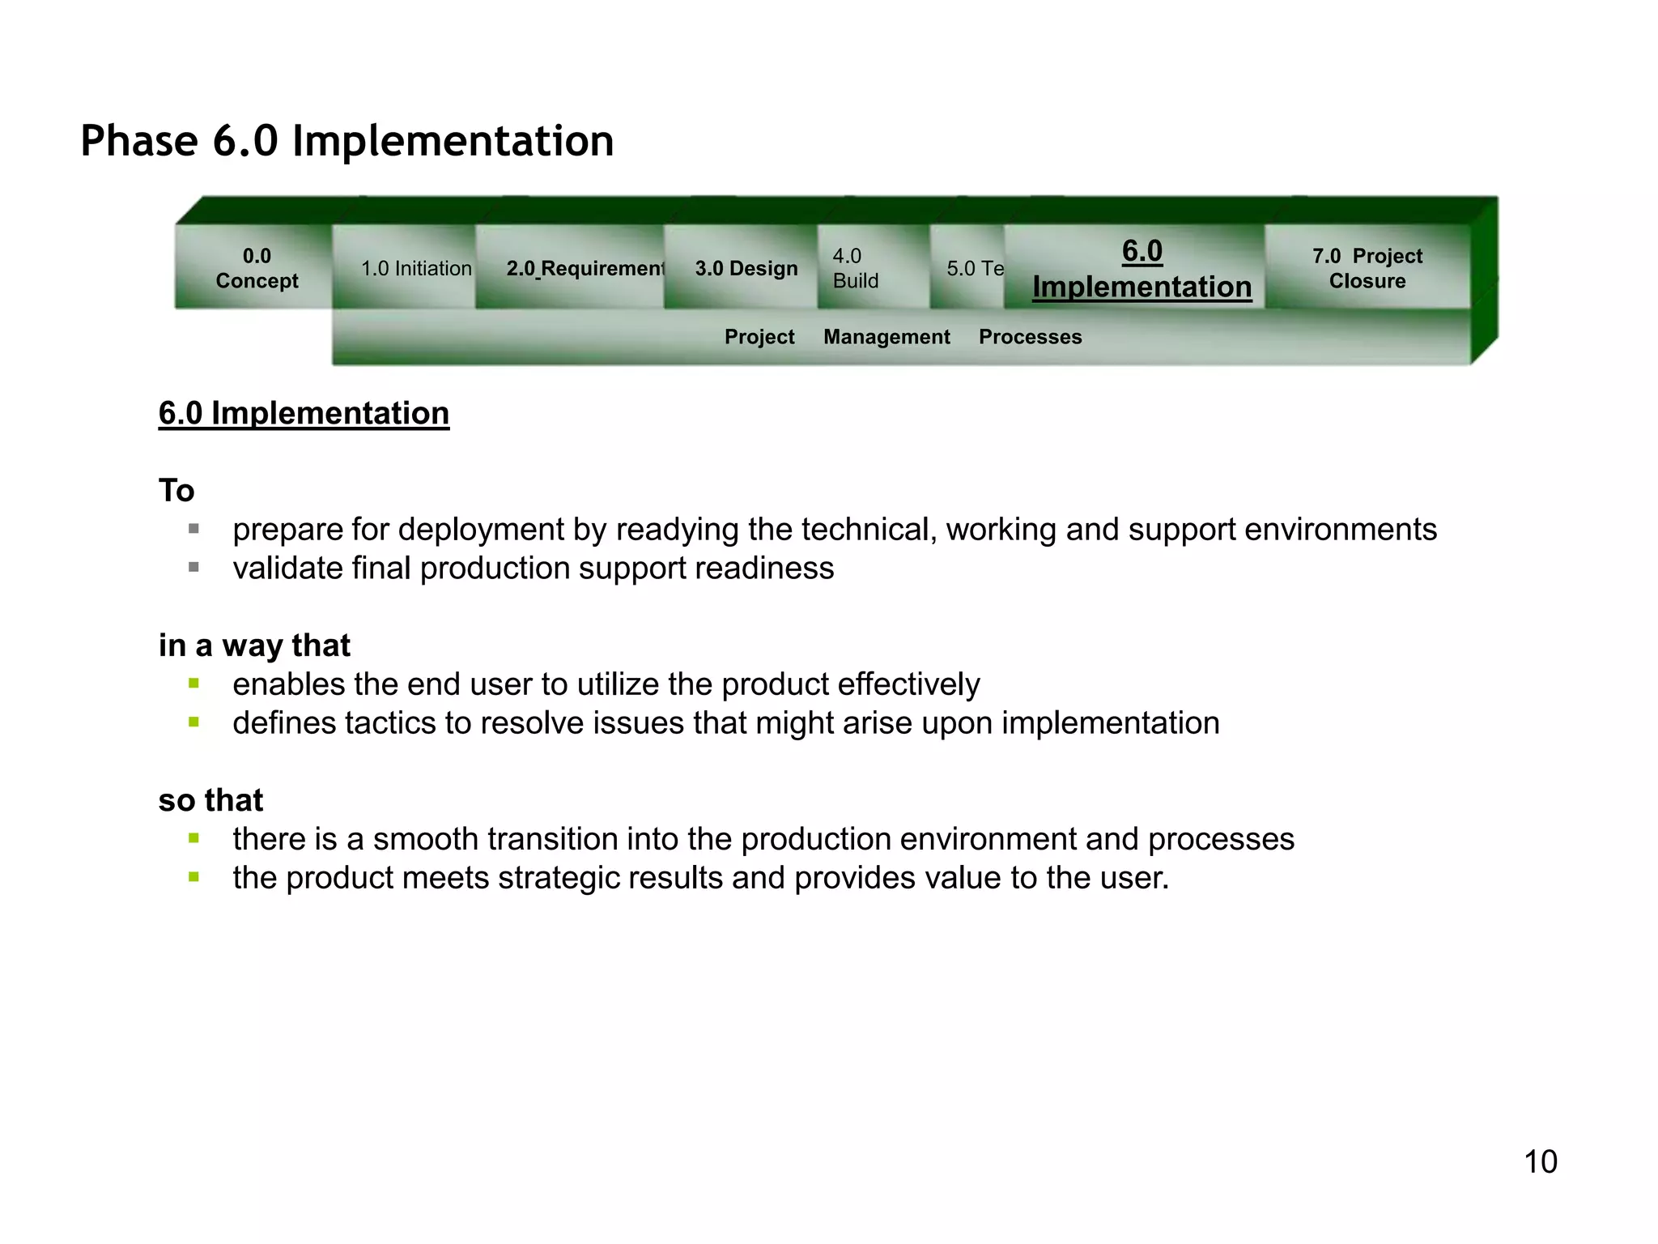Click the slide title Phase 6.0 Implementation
pyautogui.click(x=346, y=141)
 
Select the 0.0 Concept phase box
pyautogui.click(x=257, y=268)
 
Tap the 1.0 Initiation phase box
pyautogui.click(x=415, y=268)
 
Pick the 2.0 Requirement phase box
pyautogui.click(x=585, y=268)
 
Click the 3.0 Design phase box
pyautogui.click(x=746, y=268)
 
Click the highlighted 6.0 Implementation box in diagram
pyautogui.click(x=1141, y=269)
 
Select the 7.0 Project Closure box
pyautogui.click(x=1367, y=268)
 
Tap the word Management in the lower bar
pyautogui.click(x=886, y=337)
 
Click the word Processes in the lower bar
pyautogui.click(x=1030, y=337)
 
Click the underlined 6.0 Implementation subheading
pyautogui.click(x=304, y=413)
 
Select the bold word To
pyautogui.click(x=176, y=491)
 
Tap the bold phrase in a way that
pyautogui.click(x=254, y=645)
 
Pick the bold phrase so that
pyautogui.click(x=210, y=800)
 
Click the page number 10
pyautogui.click(x=1540, y=1161)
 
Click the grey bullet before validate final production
pyautogui.click(x=193, y=568)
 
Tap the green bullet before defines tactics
pyautogui.click(x=193, y=722)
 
